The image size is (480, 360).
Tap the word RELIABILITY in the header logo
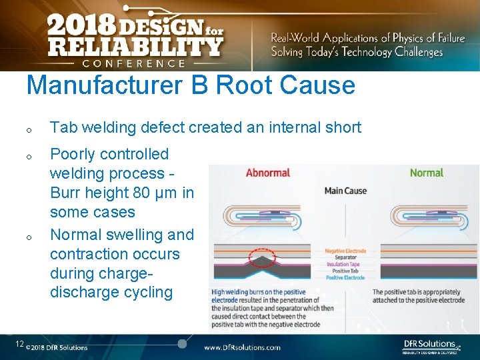pos(135,47)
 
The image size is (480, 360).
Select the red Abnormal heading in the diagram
pos(267,173)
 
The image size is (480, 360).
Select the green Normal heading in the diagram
pos(427,173)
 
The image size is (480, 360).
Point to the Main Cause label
pos(345,191)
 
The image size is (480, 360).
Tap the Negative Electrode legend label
pos(345,251)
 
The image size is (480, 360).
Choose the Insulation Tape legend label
pos(343,264)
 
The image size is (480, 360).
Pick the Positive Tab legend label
pos(345,271)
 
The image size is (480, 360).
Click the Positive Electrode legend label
pos(345,277)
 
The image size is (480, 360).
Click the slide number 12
pos(19,344)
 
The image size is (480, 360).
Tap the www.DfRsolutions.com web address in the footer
pos(242,347)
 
